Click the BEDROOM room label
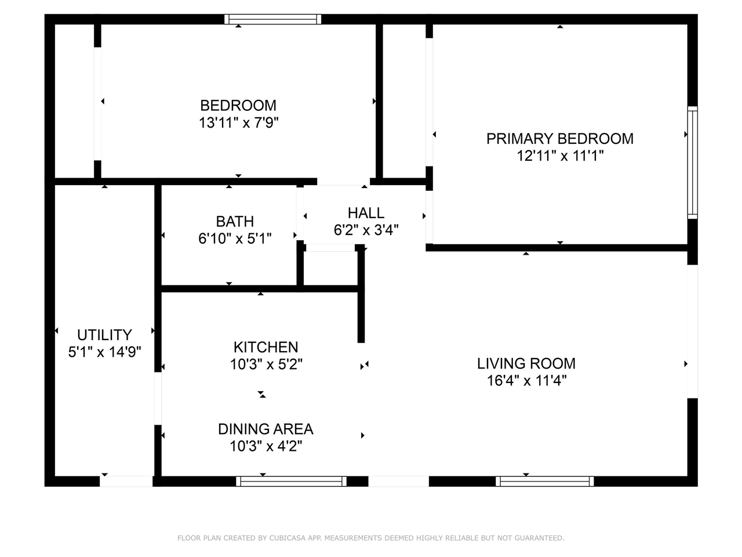238,106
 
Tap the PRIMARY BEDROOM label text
560,139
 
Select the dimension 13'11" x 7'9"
238,122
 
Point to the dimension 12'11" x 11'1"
560,156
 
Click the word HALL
366,213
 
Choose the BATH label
235,222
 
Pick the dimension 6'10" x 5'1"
235,239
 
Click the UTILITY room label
104,335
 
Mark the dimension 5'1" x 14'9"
104,352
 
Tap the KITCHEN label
266,348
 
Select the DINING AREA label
265,429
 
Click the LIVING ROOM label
526,364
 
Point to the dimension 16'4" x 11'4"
527,381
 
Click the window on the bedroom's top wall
272,19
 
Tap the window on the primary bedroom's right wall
692,162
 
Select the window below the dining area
292,481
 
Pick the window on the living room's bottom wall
544,481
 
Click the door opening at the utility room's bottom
126,481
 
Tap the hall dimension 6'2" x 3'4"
366,230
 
